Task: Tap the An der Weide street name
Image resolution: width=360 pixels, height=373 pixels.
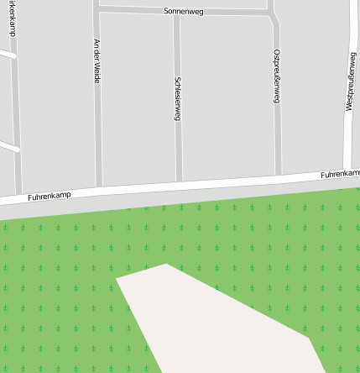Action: tap(97, 61)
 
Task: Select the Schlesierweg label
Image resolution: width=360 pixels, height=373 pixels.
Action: tap(177, 99)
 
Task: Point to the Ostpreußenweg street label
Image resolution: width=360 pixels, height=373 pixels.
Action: tap(276, 76)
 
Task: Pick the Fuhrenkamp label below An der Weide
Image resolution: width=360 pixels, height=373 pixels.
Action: tap(50, 195)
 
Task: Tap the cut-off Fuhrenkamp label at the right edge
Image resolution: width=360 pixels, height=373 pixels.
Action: tap(340, 173)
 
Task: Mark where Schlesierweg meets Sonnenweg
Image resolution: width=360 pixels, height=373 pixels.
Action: tap(176, 13)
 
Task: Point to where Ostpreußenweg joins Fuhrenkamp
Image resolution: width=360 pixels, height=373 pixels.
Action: tap(279, 177)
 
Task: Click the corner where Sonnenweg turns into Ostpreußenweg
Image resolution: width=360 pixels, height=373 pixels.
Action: tap(274, 14)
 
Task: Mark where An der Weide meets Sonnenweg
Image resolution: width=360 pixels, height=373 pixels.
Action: tap(97, 9)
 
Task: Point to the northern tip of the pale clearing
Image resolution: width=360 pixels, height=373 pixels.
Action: tap(166, 264)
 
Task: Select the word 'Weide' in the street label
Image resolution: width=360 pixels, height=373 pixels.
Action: tap(97, 73)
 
